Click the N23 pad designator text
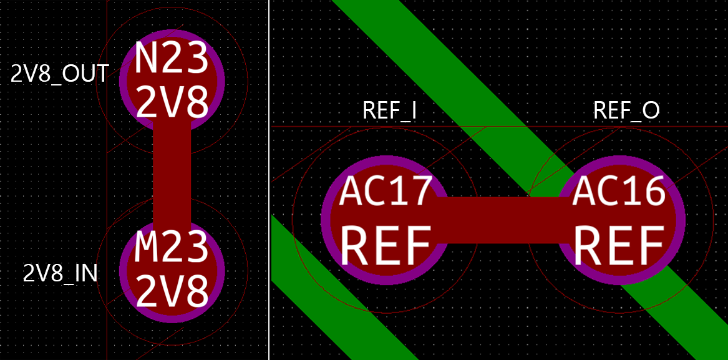tap(172, 59)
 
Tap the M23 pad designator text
tap(172, 248)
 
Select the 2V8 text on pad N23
tap(172, 101)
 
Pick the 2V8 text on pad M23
tap(172, 291)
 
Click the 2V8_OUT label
tap(60, 74)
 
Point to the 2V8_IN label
tap(61, 273)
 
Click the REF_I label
tap(390, 110)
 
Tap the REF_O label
tap(626, 110)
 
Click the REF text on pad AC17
tap(386, 246)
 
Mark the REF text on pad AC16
tap(619, 246)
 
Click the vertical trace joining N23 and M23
tap(172, 175)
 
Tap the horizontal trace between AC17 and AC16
tap(499, 220)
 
